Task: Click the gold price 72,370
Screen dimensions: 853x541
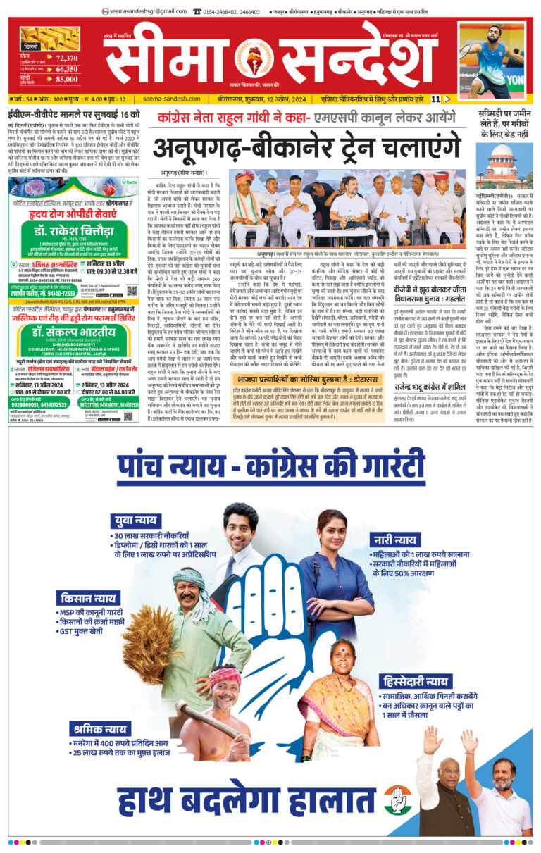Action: pyautogui.click(x=66, y=58)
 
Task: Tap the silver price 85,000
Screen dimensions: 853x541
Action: pyautogui.click(x=66, y=81)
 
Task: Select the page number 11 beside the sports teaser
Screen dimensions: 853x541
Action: pyautogui.click(x=436, y=99)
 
